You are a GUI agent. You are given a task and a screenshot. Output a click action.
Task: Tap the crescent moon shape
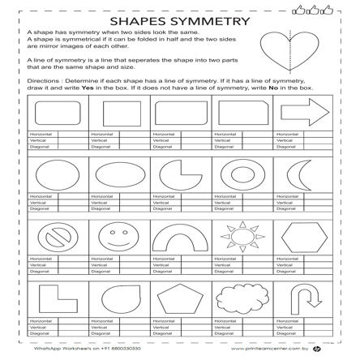point(302,174)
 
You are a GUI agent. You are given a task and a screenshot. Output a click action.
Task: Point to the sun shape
point(242,236)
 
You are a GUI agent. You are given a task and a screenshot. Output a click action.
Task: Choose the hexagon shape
point(304,236)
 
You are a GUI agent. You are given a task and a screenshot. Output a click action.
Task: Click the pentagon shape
point(180,298)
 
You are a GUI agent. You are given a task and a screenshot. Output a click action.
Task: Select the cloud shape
point(242,298)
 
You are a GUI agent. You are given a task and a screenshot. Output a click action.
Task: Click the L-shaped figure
point(54,298)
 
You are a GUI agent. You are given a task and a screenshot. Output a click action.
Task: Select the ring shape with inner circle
point(242,174)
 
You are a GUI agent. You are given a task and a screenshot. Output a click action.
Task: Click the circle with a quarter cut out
point(180,174)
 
